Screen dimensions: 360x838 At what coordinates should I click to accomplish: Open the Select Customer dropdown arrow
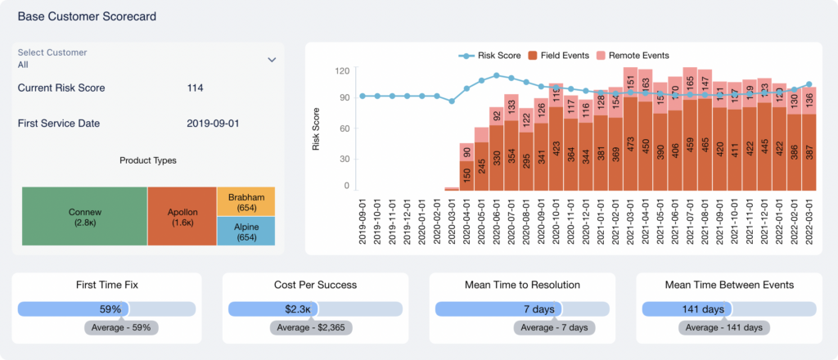click(x=272, y=60)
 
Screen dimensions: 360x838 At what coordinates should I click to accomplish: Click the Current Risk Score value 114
click(x=195, y=88)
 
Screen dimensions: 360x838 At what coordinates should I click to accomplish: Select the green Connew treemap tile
click(x=84, y=216)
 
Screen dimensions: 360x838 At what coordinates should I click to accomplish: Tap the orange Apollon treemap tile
click(x=182, y=216)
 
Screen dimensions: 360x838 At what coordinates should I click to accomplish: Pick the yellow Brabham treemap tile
click(x=246, y=201)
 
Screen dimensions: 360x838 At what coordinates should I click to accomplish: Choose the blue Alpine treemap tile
click(x=246, y=232)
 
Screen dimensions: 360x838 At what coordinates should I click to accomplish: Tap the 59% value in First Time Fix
click(x=110, y=309)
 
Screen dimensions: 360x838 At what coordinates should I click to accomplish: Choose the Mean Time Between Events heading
click(x=728, y=286)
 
